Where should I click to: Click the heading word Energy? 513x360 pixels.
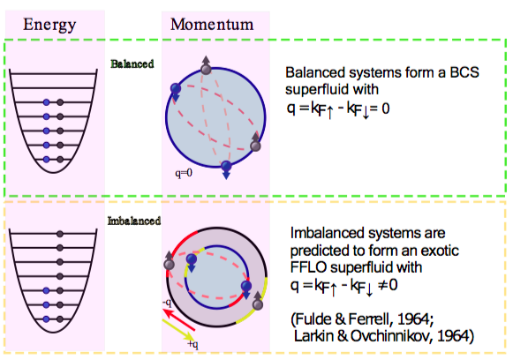pyautogui.click(x=49, y=25)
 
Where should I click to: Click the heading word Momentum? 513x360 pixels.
pyautogui.click(x=212, y=24)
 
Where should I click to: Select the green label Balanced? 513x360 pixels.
pyautogui.click(x=132, y=64)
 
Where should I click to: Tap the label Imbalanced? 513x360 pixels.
pyautogui.click(x=134, y=221)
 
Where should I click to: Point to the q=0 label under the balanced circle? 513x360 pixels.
pyautogui.click(x=184, y=173)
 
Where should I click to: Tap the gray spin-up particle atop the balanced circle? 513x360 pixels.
pyautogui.click(x=206, y=69)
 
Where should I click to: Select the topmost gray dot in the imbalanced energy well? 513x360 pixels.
pyautogui.click(x=59, y=234)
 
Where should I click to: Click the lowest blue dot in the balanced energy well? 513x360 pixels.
pyautogui.click(x=47, y=160)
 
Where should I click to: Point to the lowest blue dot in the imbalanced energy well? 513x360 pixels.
pyautogui.click(x=46, y=319)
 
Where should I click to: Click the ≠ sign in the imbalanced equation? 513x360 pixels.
pyautogui.click(x=383, y=285)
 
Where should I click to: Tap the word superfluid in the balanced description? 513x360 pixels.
pyautogui.click(x=332, y=89)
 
